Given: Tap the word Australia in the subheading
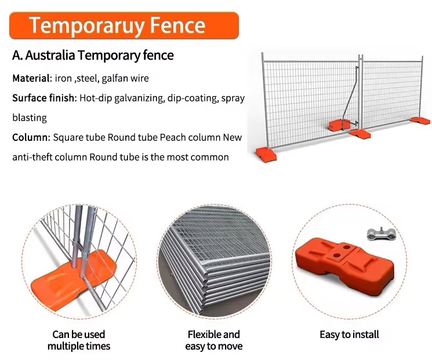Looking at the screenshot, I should point(50,56).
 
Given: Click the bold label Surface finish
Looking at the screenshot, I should point(44,98).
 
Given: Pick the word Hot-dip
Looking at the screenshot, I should point(96,98).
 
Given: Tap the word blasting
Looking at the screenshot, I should point(29,118).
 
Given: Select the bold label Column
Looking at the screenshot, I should point(30,137).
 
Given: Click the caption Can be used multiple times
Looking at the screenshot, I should point(78,340).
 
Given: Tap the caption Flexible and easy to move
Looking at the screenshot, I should point(213,340).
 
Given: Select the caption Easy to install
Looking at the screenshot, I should point(349,334).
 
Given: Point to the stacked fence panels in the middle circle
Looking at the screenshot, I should point(215,261).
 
